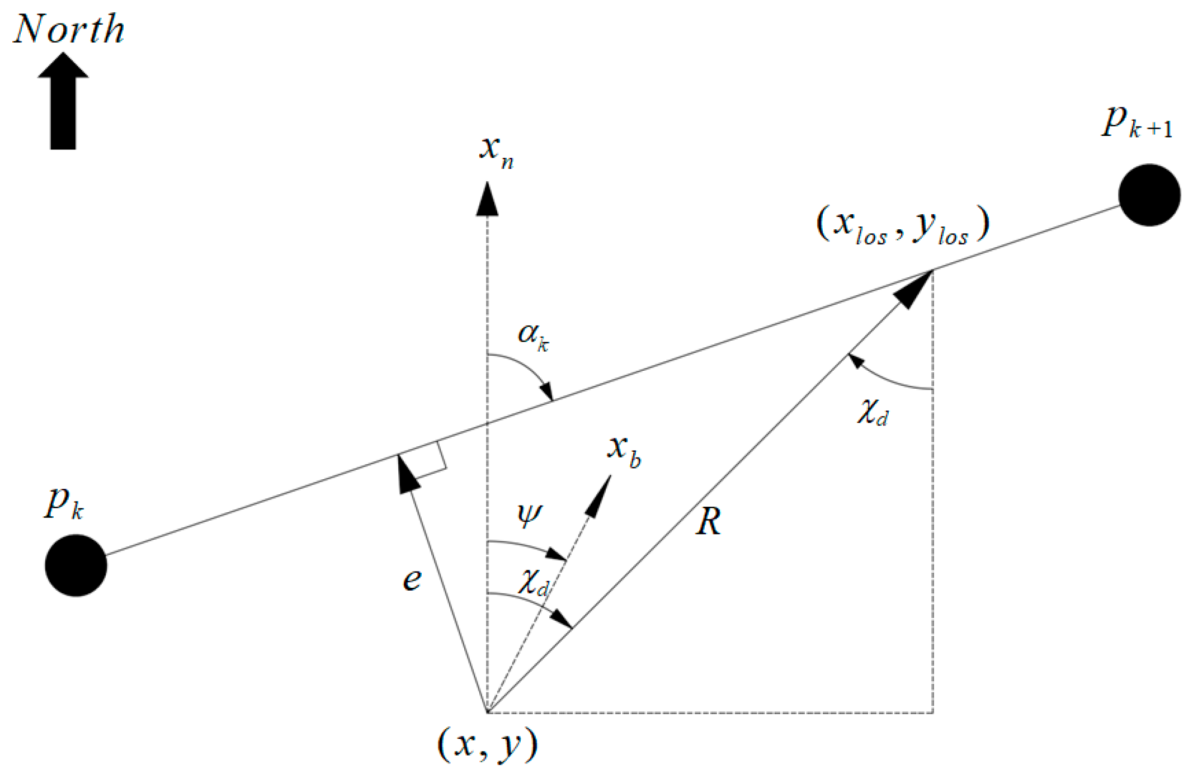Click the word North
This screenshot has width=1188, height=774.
[x=69, y=29]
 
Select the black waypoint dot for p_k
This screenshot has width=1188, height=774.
[x=76, y=565]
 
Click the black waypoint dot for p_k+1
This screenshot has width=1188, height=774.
[x=1149, y=195]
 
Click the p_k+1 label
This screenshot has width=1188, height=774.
[x=1135, y=123]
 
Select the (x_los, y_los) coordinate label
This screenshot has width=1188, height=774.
[x=902, y=225]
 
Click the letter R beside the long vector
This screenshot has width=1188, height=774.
[x=708, y=522]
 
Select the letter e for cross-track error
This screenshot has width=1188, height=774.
[x=412, y=580]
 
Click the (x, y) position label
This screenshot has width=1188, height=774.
[x=487, y=745]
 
